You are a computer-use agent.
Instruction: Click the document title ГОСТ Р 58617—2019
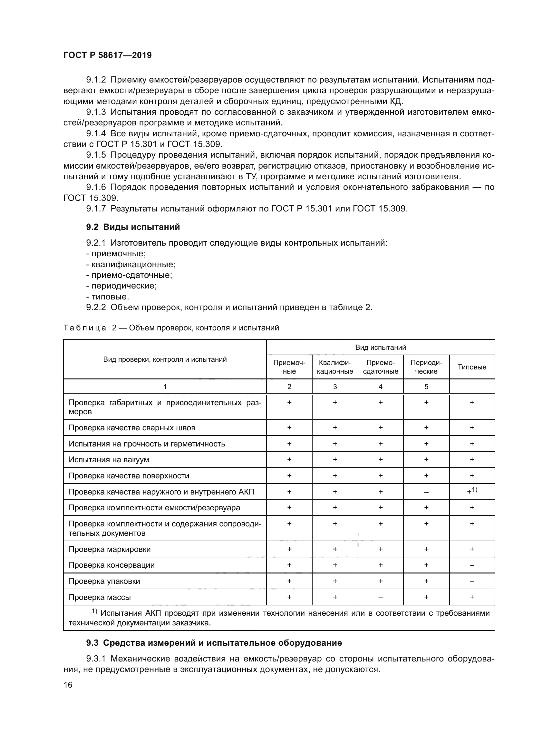pyautogui.click(x=107, y=55)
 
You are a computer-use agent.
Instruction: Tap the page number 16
pyautogui.click(x=68, y=685)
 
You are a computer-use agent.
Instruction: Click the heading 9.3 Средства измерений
pyautogui.click(x=214, y=643)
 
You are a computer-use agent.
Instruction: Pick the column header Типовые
pyautogui.click(x=472, y=367)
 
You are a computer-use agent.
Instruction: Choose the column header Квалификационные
pyautogui.click(x=335, y=367)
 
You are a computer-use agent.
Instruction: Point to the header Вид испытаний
pyautogui.click(x=380, y=348)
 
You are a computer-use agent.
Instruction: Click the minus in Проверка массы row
pyautogui.click(x=380, y=598)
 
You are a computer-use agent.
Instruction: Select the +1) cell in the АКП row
pyautogui.click(x=472, y=492)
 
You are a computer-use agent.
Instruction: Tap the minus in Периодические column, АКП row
pyautogui.click(x=426, y=492)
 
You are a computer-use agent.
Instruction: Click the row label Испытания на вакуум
pyautogui.click(x=109, y=460)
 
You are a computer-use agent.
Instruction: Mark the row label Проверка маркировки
pyautogui.click(x=109, y=549)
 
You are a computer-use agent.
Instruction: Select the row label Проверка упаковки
pyautogui.click(x=104, y=581)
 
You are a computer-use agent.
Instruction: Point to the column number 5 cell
pyautogui.click(x=426, y=387)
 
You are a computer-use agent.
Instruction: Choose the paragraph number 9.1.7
pyautogui.click(x=96, y=209)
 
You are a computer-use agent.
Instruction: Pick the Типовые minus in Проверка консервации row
pyautogui.click(x=472, y=565)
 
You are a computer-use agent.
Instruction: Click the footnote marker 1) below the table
pyautogui.click(x=94, y=611)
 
